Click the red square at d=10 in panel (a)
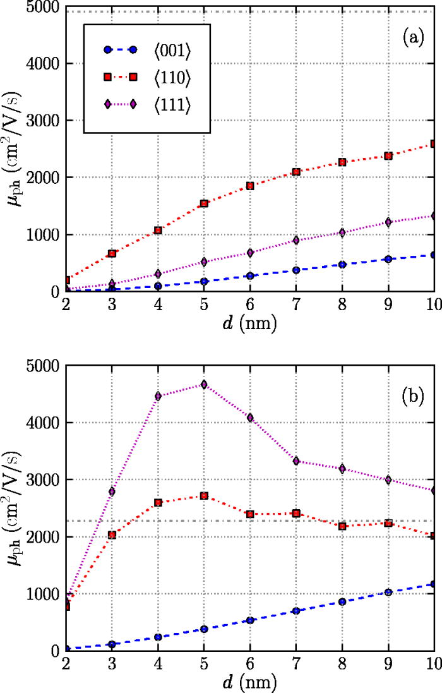tap(434, 144)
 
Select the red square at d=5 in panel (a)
tap(204, 203)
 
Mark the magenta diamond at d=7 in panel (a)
tap(296, 240)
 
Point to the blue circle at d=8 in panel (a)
tap(342, 264)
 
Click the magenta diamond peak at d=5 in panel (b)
tap(204, 385)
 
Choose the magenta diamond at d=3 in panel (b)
tap(112, 491)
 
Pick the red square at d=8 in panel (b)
tap(342, 526)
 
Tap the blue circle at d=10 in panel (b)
tap(434, 584)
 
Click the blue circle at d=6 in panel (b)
tap(250, 620)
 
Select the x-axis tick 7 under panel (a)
tap(296, 303)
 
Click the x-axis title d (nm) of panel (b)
tap(249, 682)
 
